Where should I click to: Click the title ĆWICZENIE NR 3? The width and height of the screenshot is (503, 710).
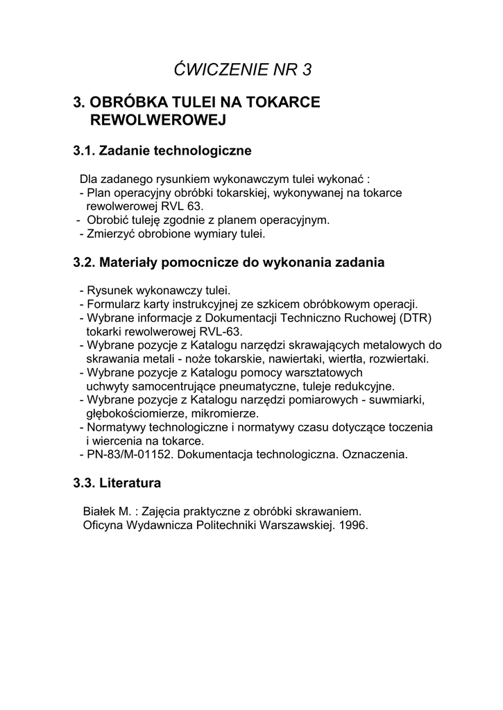pos(243,69)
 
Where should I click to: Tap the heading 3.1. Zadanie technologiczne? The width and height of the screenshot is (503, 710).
pos(162,150)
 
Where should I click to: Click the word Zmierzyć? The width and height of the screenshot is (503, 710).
pos(110,234)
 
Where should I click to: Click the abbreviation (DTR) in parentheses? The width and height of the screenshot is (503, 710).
pos(416,318)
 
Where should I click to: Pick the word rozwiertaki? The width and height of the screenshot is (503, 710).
pos(396,358)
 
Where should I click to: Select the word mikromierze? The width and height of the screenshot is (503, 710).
pos(212,413)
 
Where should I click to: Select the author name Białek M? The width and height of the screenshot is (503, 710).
pos(107,511)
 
